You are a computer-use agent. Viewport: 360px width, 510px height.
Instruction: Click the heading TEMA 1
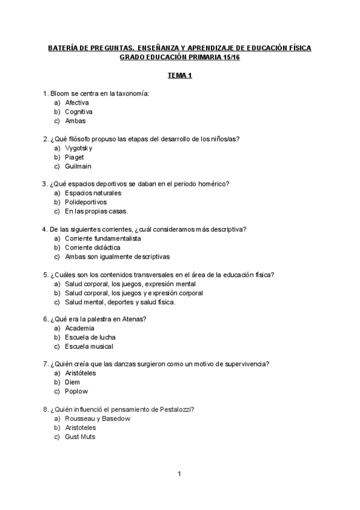(180, 76)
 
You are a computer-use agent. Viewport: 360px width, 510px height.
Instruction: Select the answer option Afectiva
(77, 103)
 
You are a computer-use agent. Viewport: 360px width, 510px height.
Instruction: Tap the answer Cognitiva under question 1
(79, 112)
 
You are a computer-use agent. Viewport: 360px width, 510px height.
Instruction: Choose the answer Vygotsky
(79, 148)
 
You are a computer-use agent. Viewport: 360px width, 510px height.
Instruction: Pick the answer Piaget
(75, 157)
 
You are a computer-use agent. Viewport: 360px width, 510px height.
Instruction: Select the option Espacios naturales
(93, 193)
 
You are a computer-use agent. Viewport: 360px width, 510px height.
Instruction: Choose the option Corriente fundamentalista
(103, 238)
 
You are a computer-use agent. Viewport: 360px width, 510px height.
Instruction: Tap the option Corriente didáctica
(93, 247)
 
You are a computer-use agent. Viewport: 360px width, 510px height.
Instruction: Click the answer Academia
(79, 328)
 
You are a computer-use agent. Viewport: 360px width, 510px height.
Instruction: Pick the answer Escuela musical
(89, 346)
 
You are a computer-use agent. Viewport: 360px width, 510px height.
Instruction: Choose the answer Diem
(72, 382)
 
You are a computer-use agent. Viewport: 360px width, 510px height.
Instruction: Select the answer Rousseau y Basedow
(97, 419)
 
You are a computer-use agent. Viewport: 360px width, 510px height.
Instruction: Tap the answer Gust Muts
(80, 437)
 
